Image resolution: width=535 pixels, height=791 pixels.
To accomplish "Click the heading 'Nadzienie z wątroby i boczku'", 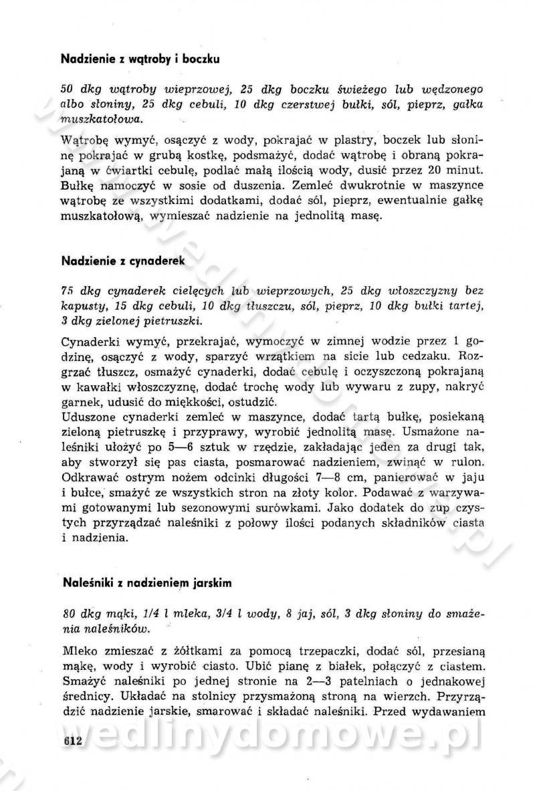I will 140,59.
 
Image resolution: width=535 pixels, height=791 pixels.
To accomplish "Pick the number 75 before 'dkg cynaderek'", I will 67,291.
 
